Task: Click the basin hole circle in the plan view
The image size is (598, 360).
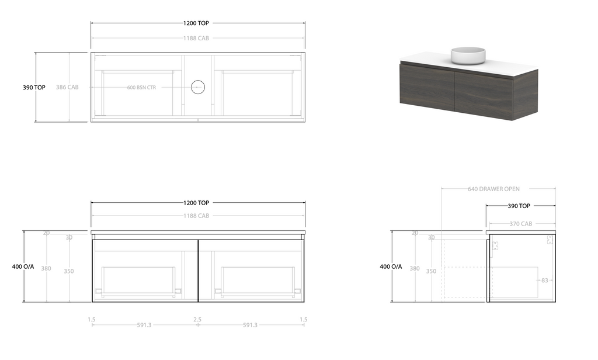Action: tap(198, 88)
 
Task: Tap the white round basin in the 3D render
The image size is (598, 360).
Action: tap(468, 55)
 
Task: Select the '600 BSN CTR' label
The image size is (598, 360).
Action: tap(142, 88)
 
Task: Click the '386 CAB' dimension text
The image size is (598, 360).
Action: tap(67, 87)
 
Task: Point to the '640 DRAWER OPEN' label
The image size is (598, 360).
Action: tap(493, 189)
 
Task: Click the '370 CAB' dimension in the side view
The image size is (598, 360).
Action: tap(520, 224)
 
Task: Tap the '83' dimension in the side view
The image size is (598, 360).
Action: tap(545, 281)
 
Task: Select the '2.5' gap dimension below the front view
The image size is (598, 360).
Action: tap(197, 320)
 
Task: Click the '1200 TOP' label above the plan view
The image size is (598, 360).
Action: tap(196, 23)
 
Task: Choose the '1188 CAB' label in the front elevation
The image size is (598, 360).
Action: tap(196, 216)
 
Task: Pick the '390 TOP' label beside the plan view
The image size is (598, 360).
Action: tap(34, 88)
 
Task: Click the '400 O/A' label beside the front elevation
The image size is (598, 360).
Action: tap(23, 266)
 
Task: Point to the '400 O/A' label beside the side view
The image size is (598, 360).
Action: tap(391, 266)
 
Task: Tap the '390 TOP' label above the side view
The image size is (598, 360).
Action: tap(519, 206)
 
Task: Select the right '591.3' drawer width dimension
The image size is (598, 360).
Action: tap(250, 326)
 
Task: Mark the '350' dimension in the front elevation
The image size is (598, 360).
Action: tap(69, 271)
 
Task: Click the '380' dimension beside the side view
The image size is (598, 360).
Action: tap(415, 269)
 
